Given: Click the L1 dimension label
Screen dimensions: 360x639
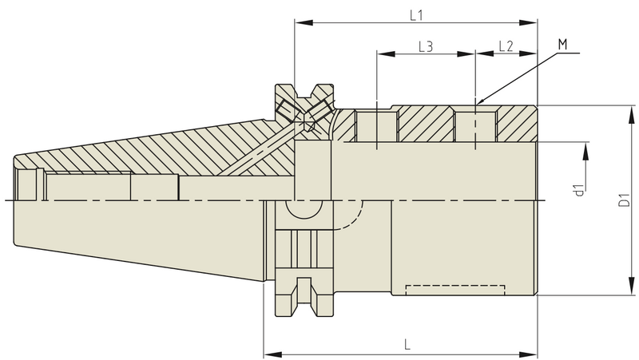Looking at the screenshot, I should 415,14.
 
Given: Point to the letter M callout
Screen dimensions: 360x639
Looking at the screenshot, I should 562,45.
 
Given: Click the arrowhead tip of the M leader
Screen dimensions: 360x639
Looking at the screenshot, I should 477,105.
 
